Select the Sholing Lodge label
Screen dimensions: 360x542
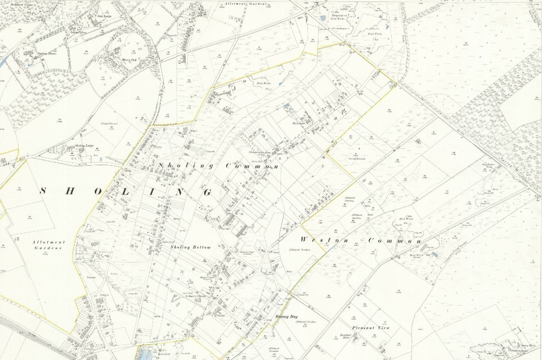coord(82,146)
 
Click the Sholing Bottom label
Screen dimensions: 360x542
coord(191,247)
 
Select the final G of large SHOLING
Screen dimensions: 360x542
coord(207,193)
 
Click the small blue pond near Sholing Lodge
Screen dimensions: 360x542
coord(101,159)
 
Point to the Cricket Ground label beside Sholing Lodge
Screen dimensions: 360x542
coord(103,125)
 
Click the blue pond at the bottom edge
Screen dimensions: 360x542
coord(145,352)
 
